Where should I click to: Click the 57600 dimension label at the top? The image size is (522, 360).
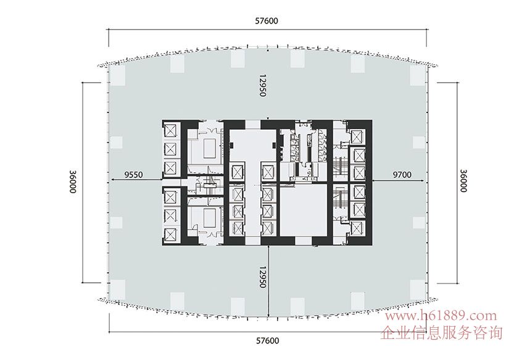pos(267,20)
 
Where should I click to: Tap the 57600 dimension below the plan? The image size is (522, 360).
pos(267,341)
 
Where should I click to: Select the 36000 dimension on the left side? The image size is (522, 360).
pos(73,182)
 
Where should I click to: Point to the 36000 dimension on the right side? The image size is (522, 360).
pos(463,181)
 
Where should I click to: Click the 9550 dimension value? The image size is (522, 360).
pos(133,174)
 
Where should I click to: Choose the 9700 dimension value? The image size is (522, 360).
pos(402,174)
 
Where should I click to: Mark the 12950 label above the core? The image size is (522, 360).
pos(263,86)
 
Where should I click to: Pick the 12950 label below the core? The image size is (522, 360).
pos(263,277)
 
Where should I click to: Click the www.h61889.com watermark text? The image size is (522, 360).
pos(441,315)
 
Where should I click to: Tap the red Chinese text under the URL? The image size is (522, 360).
pos(441,332)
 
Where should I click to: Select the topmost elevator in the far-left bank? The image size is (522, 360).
pos(171,130)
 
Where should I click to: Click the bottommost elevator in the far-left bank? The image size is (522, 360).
pos(171,233)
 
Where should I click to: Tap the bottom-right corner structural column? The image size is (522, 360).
pos(418,289)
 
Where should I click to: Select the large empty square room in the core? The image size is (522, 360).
pos(304,210)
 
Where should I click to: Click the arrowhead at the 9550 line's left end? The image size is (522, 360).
pos(112,180)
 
